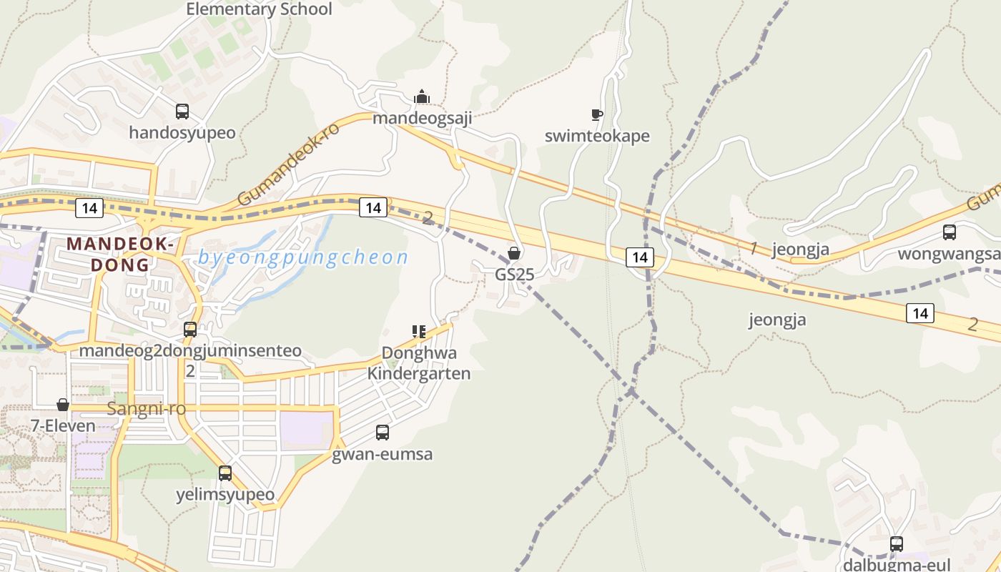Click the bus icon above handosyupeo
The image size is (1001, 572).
[x=182, y=112]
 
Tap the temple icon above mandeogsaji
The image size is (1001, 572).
[x=422, y=97]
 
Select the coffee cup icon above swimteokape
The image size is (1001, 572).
[x=597, y=114]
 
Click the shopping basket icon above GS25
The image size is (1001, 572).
[x=514, y=253]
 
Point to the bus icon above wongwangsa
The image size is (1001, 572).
[x=950, y=232]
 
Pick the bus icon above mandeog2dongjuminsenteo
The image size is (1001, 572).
[x=190, y=330]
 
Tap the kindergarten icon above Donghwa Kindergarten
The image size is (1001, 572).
[x=419, y=331]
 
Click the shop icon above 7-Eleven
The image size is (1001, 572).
[x=63, y=405]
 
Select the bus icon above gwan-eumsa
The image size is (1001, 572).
[x=383, y=433]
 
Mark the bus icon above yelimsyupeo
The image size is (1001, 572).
[x=225, y=473]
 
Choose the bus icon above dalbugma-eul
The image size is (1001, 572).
[x=897, y=543]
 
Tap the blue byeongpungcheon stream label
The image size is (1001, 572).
[x=303, y=257]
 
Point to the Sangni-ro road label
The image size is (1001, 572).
[x=146, y=409]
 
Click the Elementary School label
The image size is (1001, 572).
[x=259, y=9]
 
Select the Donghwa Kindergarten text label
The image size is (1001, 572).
[x=419, y=363]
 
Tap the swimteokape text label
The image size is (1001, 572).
[x=597, y=136]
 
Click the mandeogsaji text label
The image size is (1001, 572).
[x=422, y=118]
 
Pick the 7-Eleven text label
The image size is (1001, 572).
[x=63, y=426]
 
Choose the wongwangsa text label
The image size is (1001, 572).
[x=950, y=254]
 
